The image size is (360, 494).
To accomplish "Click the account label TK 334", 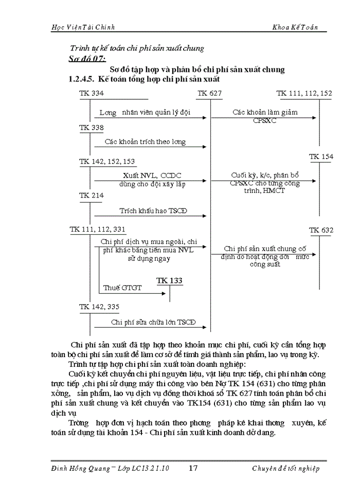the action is (x=91, y=93).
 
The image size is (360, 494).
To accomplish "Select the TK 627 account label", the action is (x=209, y=93).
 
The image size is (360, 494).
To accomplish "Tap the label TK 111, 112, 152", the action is (x=304, y=93).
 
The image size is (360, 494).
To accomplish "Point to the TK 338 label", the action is (x=91, y=127).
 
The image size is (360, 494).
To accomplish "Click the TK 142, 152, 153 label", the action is (x=107, y=162).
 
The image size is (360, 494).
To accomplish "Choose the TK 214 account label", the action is (x=91, y=196).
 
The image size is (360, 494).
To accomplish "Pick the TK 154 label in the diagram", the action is (x=321, y=156).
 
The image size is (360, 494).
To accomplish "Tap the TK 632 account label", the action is (x=321, y=230).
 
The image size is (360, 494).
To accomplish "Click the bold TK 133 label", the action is (x=169, y=280).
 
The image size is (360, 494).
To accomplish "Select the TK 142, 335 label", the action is (x=99, y=307).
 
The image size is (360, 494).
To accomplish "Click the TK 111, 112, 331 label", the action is (x=98, y=230).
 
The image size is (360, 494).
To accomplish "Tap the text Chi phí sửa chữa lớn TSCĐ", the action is (x=153, y=323).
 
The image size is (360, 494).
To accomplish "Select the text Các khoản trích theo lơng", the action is (x=145, y=142).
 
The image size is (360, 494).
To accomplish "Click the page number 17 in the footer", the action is (x=193, y=468).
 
